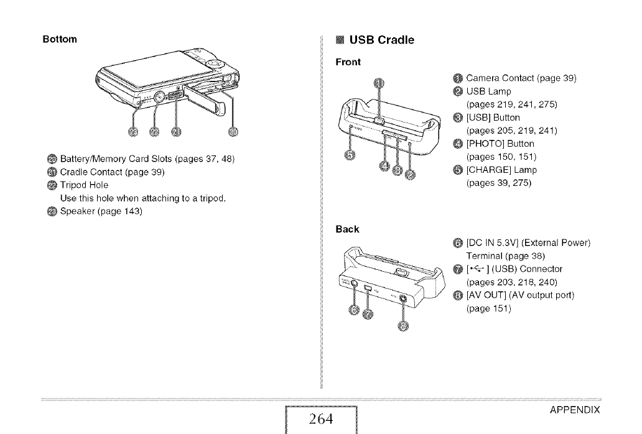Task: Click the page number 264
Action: click(x=321, y=418)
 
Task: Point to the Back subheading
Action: click(x=348, y=229)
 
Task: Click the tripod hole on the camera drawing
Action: click(x=157, y=96)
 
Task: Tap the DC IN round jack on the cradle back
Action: click(x=355, y=283)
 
